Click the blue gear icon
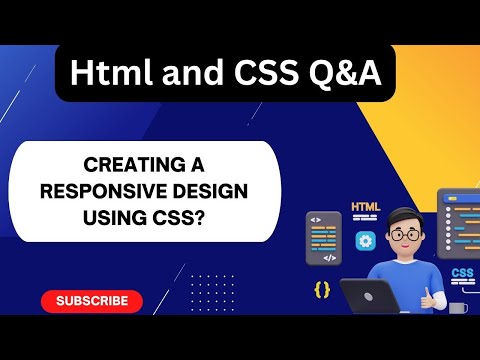pos(366,240)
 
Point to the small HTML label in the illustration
pos(365,209)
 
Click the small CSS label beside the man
pos(462,273)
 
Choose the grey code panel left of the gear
pos(322,238)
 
